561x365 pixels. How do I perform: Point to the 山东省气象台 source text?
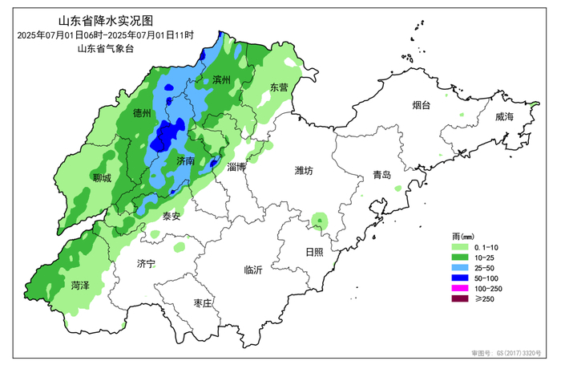(x=105, y=48)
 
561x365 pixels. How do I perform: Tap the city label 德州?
(x=142, y=113)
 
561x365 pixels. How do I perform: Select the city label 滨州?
(x=221, y=80)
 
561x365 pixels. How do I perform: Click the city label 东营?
(x=278, y=87)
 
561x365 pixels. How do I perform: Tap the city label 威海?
(x=504, y=117)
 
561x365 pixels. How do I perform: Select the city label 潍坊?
(x=304, y=170)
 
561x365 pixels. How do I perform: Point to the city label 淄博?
(x=236, y=167)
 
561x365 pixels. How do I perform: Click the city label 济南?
(x=185, y=160)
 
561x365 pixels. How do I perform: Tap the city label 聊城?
(x=102, y=178)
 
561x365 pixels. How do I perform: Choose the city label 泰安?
(x=172, y=216)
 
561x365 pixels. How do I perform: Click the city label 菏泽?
(x=79, y=284)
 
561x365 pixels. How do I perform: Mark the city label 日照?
(x=313, y=251)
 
